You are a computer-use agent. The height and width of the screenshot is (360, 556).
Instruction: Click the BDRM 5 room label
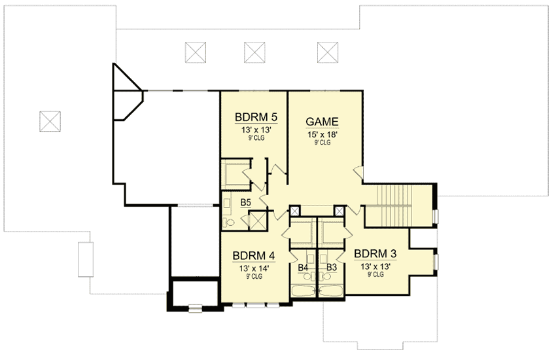pyautogui.click(x=256, y=117)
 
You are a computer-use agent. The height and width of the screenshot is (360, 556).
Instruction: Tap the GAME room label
pyautogui.click(x=322, y=122)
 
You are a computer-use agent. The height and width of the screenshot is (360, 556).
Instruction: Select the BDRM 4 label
pyautogui.click(x=254, y=256)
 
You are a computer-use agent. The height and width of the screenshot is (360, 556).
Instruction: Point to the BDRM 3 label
pyautogui.click(x=375, y=254)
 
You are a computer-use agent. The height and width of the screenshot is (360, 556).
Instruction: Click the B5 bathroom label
pyautogui.click(x=246, y=202)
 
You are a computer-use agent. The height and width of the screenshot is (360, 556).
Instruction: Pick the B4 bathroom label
pyautogui.click(x=303, y=268)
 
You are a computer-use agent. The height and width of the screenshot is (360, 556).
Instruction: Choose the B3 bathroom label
pyautogui.click(x=332, y=268)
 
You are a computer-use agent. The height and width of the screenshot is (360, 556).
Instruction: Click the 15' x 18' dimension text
pyautogui.click(x=322, y=134)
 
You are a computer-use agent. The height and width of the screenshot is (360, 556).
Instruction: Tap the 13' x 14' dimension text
pyautogui.click(x=254, y=268)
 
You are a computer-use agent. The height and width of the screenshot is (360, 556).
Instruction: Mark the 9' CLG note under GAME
pyautogui.click(x=322, y=143)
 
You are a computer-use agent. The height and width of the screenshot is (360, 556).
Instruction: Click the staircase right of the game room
pyautogui.click(x=394, y=206)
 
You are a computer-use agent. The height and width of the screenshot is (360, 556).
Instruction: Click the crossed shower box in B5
pyautogui.click(x=258, y=221)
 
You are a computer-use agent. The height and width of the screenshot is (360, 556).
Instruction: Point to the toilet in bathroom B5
pyautogui.click(x=229, y=223)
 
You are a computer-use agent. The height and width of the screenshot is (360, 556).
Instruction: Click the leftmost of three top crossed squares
pyautogui.click(x=196, y=52)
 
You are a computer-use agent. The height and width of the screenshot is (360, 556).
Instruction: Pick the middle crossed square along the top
pyautogui.click(x=254, y=52)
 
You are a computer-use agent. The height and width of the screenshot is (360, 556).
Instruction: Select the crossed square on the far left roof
pyautogui.click(x=50, y=122)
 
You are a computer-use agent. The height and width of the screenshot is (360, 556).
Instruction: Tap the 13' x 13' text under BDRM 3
pyautogui.click(x=376, y=266)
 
